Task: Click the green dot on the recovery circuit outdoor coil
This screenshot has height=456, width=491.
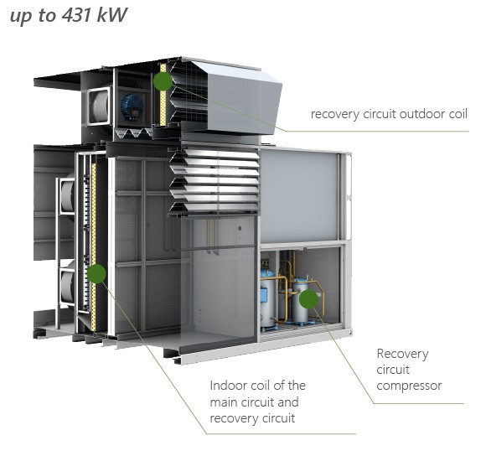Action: (x=163, y=81)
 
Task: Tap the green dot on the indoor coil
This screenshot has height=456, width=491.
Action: (x=96, y=274)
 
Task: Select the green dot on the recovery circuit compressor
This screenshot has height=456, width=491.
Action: (x=308, y=299)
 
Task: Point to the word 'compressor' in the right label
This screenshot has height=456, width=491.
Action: (x=409, y=386)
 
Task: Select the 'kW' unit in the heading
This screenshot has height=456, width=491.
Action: (x=111, y=15)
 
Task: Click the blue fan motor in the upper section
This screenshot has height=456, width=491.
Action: (x=132, y=107)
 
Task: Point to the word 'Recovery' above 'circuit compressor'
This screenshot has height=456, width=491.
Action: (x=402, y=355)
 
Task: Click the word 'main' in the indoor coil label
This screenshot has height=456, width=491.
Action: (x=224, y=402)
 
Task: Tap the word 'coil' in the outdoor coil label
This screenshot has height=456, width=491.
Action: (x=458, y=114)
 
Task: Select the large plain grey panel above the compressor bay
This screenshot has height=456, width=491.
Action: (x=300, y=195)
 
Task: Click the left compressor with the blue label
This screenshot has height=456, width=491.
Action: (x=268, y=300)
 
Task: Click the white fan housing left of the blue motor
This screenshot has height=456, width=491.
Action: (x=99, y=106)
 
